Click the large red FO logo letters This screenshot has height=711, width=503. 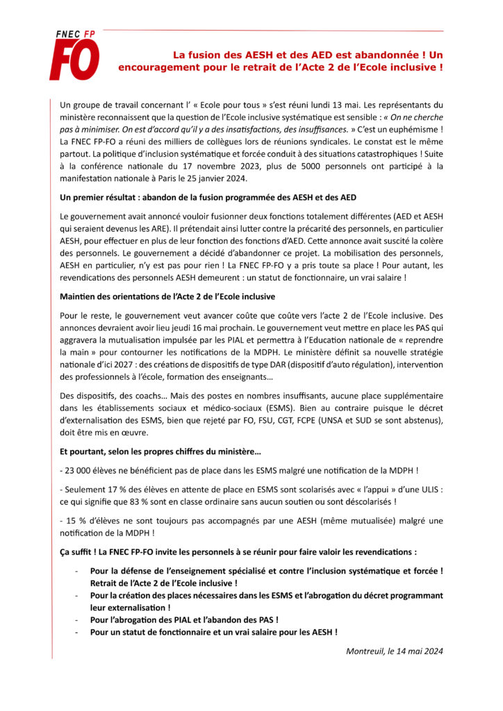pyautogui.click(x=75, y=60)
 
